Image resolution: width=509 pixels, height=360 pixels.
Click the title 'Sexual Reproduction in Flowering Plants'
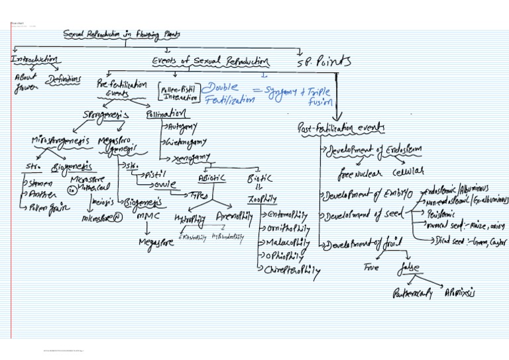click(122, 34)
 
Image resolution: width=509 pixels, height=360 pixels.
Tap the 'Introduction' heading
click(34, 60)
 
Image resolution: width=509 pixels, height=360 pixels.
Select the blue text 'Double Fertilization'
click(229, 93)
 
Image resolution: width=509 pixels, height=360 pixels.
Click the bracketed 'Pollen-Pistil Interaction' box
click(178, 92)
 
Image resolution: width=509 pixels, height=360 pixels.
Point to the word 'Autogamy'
click(182, 126)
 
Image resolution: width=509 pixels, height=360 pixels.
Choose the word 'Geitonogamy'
click(185, 141)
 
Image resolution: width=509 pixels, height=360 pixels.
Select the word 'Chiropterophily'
click(292, 270)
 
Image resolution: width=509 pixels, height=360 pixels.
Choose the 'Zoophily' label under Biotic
click(262, 198)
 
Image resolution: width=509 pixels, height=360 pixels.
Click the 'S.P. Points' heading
click(325, 62)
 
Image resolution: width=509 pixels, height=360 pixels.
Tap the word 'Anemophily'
click(233, 216)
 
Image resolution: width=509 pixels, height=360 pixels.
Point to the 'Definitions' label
click(64, 80)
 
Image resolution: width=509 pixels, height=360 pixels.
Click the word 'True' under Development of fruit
click(370, 267)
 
